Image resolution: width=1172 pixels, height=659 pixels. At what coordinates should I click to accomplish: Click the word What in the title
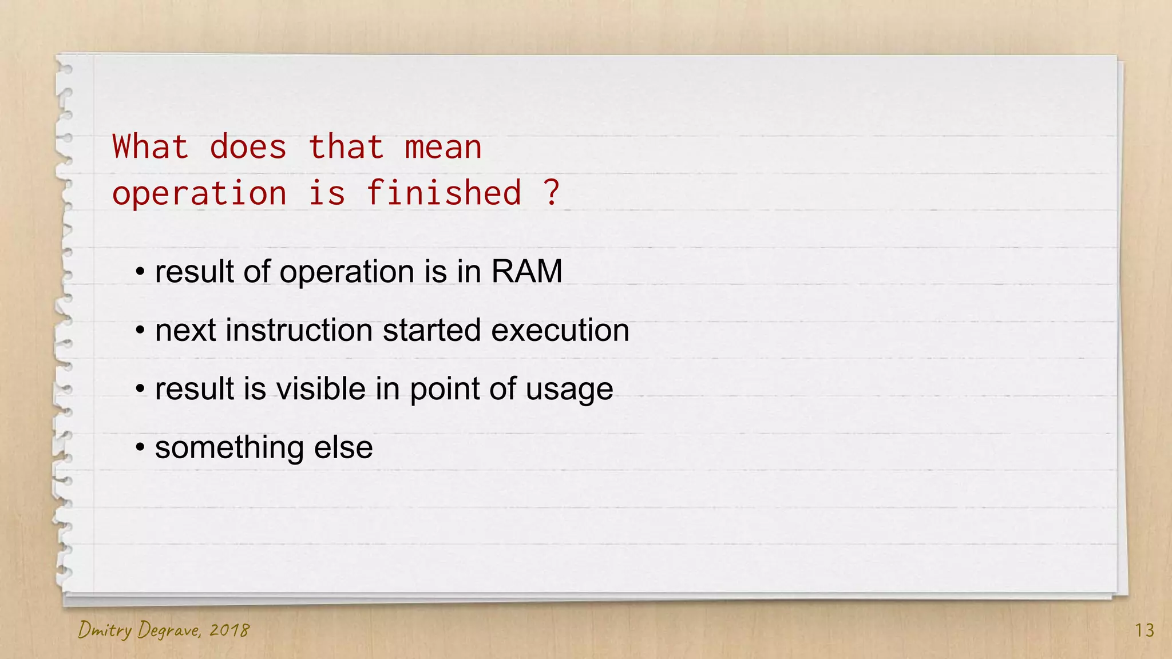(x=150, y=147)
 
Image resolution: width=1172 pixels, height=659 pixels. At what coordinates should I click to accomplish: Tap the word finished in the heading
(x=444, y=193)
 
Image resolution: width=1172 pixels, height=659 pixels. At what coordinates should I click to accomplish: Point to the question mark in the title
(x=551, y=193)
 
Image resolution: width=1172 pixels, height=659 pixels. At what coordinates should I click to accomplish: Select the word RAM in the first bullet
(x=526, y=271)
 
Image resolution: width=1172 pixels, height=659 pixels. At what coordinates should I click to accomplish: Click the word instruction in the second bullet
(x=299, y=330)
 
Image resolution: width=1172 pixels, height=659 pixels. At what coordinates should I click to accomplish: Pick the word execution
(x=560, y=330)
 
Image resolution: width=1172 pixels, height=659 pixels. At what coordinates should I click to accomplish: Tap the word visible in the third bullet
(x=321, y=389)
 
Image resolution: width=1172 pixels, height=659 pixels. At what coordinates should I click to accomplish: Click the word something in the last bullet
(x=229, y=447)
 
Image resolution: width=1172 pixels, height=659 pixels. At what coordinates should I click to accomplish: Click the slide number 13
(x=1145, y=630)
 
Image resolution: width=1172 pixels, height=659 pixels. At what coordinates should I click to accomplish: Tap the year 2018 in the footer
(x=229, y=630)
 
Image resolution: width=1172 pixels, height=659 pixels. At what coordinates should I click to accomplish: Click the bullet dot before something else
(x=140, y=447)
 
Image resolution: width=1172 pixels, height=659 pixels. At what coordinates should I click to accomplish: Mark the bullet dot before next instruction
(x=140, y=330)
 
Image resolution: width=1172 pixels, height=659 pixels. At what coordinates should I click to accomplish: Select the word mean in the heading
(x=443, y=147)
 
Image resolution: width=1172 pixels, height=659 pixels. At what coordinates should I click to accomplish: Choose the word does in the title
(x=248, y=147)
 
